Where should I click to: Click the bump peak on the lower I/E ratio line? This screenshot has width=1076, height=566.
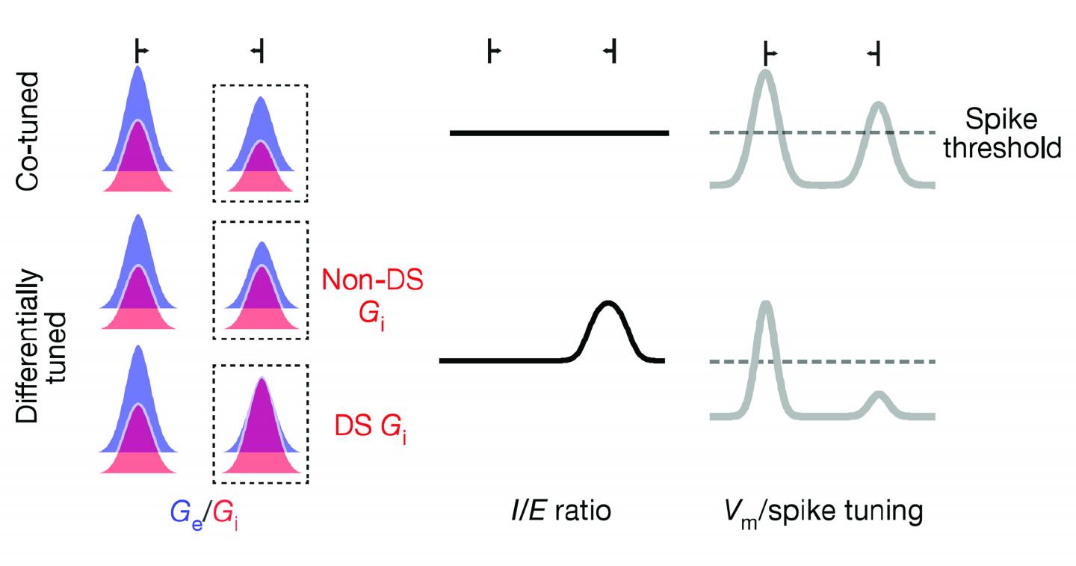(x=609, y=303)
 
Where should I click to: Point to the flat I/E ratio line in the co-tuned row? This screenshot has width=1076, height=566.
(x=558, y=133)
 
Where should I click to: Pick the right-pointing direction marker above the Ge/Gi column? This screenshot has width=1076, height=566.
(x=140, y=51)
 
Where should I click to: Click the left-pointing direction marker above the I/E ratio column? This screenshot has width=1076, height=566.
(x=610, y=51)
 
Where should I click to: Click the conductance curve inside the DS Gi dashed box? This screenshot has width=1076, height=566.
(x=260, y=426)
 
